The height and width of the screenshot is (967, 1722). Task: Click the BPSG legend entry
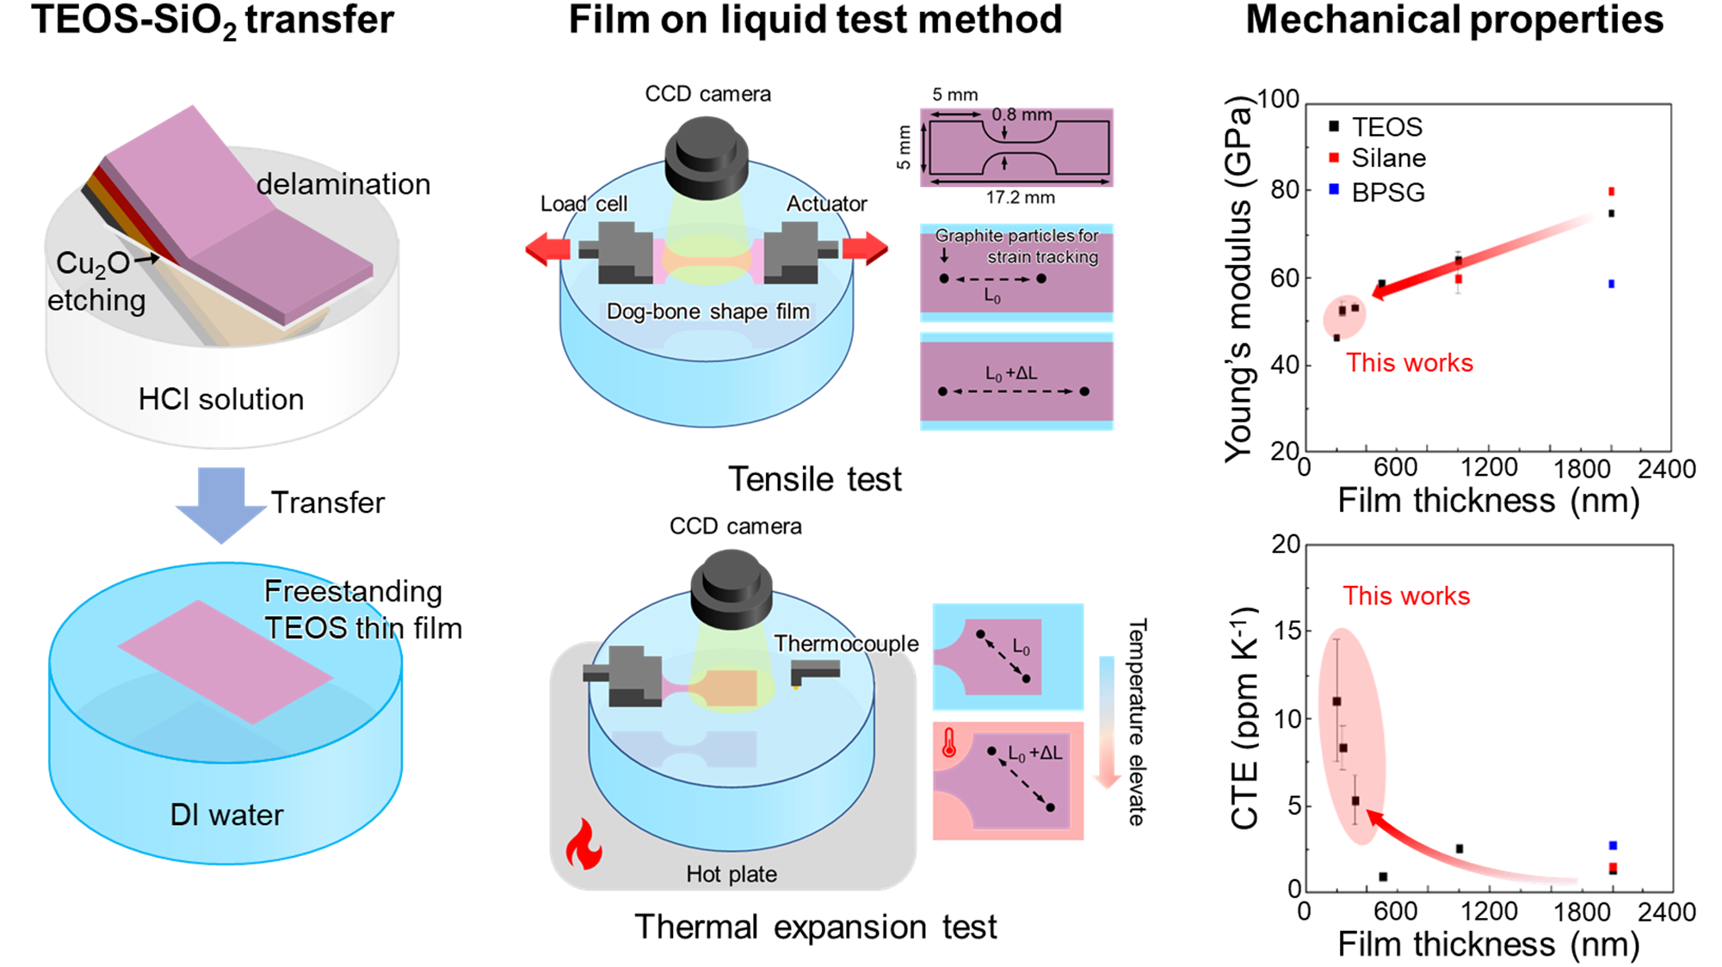coord(1377,191)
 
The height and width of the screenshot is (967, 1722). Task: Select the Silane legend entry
coord(1377,158)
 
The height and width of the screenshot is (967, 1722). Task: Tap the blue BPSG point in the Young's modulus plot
coord(1611,284)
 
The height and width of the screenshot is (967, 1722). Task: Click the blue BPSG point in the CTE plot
coord(1613,846)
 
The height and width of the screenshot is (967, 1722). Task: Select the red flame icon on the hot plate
coord(583,844)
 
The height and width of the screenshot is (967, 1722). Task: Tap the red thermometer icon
coord(949,742)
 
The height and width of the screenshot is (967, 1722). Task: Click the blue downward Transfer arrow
coord(221,505)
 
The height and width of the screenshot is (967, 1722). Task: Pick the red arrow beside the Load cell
coord(548,249)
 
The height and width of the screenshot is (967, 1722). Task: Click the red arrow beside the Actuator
coord(865,249)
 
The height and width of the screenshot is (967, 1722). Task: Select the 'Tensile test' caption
coord(815,479)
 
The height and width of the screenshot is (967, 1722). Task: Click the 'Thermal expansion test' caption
coord(815,927)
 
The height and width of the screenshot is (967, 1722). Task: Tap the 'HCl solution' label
coord(221,399)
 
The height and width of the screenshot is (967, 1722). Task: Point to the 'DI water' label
coord(226,815)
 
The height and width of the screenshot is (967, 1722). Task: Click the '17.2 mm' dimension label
coord(1020,198)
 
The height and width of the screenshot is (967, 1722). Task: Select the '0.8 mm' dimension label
coord(1021,114)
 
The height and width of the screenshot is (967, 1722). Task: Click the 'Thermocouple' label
coord(846,644)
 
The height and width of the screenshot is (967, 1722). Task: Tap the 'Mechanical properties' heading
coord(1454,21)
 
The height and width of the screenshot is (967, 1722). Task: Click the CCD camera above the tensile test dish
coord(707,157)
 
